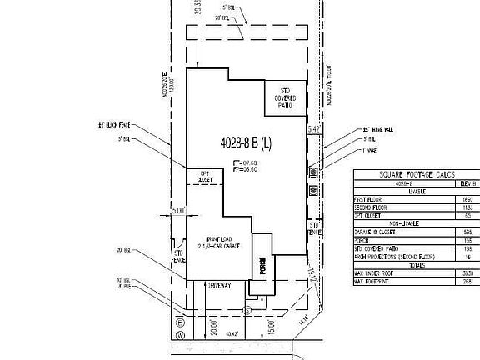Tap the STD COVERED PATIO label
click(x=285, y=98)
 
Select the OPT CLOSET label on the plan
click(x=203, y=177)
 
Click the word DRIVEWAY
click(x=219, y=286)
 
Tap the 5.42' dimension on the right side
click(x=313, y=130)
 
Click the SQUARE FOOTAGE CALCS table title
click(x=417, y=174)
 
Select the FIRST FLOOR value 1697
click(x=468, y=199)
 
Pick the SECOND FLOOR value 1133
click(x=468, y=207)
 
